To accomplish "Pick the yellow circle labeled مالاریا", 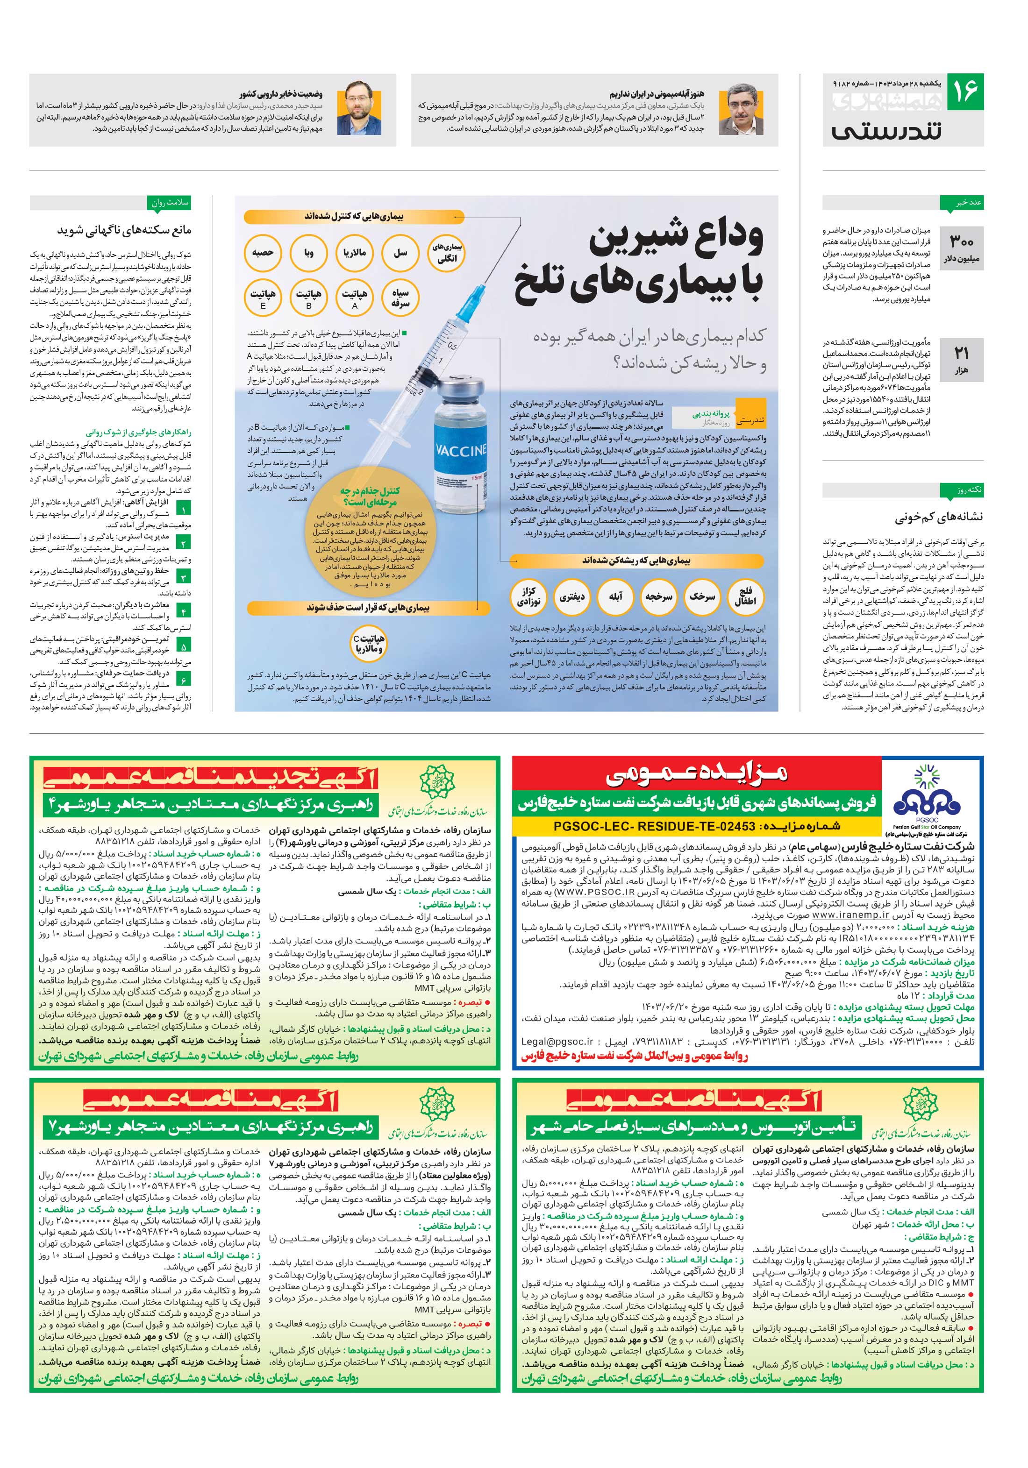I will point(354,253).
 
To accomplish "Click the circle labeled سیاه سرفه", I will point(400,298).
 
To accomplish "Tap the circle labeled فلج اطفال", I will point(745,596).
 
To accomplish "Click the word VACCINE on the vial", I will point(461,449).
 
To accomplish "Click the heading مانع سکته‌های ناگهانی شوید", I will point(124,229).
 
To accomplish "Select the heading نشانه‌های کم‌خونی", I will point(938,517).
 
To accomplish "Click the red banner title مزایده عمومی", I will point(697,775).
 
